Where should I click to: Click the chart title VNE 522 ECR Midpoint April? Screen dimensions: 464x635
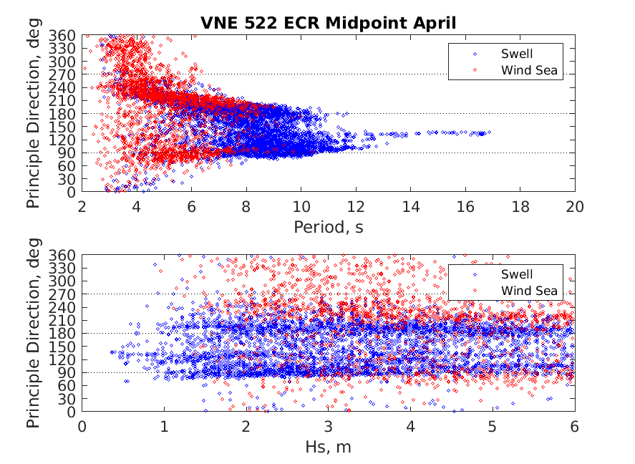click(x=329, y=24)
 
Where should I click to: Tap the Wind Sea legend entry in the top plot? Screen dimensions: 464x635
click(x=529, y=69)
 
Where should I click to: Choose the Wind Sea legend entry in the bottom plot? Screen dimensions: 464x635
click(x=529, y=290)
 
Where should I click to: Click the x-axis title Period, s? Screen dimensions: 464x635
click(x=329, y=228)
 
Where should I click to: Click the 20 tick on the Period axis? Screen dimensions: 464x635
click(x=575, y=207)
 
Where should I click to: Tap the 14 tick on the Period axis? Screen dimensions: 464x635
click(x=411, y=207)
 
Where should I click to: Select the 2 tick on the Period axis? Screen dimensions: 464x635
click(x=82, y=207)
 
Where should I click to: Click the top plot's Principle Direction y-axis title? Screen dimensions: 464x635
click(x=34, y=113)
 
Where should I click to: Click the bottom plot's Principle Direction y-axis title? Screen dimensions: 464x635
click(x=34, y=333)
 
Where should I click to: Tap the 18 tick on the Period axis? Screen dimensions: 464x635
click(x=520, y=207)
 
